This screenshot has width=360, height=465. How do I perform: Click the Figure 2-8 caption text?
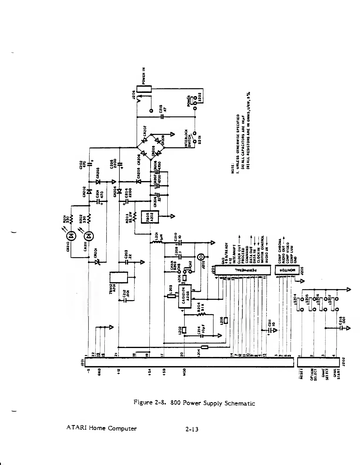tap(194, 403)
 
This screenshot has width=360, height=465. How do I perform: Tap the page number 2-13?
tap(192, 429)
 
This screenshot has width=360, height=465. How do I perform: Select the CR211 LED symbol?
tap(89, 236)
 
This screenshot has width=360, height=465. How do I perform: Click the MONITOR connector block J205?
tap(287, 270)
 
